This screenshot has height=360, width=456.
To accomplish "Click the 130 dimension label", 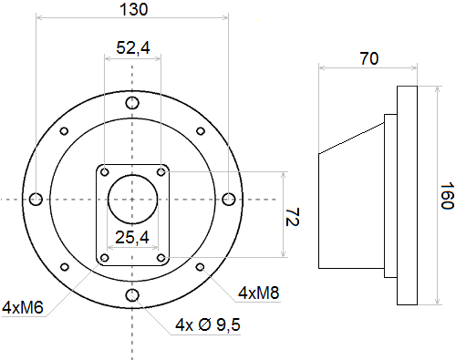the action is click(134, 9).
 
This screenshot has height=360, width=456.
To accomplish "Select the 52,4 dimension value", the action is click(133, 47).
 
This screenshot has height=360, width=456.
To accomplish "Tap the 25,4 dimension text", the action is click(132, 237).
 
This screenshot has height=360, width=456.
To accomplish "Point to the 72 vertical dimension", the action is click(292, 217).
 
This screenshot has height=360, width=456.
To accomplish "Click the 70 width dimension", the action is click(369, 58).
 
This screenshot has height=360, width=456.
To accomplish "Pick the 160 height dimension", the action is click(447, 196).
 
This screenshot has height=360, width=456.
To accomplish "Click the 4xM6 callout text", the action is click(23, 307).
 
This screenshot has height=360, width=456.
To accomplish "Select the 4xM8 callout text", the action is click(258, 293).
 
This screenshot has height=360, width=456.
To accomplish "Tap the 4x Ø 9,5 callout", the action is click(208, 324).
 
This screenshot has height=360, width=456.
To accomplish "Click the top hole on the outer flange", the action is click(132, 103).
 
